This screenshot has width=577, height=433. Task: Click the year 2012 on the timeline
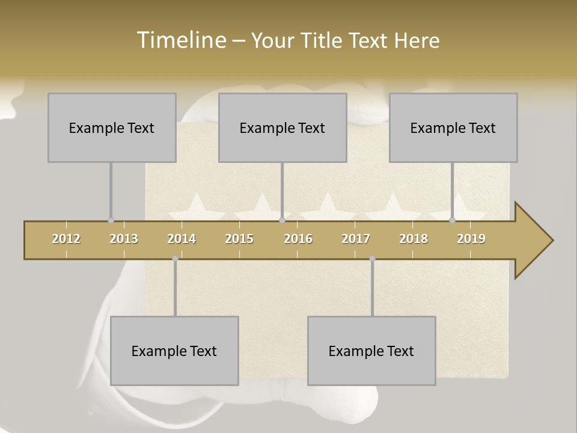coord(66,239)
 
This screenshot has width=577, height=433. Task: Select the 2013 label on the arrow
coord(124,239)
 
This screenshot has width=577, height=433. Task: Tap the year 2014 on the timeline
coord(182,239)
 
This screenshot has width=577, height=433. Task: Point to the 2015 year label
coord(239,239)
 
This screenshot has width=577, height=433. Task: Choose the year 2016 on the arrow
coord(298,239)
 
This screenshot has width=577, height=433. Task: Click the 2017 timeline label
coord(356,239)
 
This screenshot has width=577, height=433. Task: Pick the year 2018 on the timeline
coord(414,239)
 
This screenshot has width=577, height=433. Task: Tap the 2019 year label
coord(471,239)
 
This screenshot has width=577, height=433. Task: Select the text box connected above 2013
coord(112,127)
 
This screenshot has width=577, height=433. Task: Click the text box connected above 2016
coord(282,127)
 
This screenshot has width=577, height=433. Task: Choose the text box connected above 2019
coord(453,127)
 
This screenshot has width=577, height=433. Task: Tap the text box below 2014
coord(174,351)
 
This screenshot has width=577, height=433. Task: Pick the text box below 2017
coord(371,351)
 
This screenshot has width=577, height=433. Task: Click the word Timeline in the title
coord(180,40)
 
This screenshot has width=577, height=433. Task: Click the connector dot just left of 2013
coord(111,221)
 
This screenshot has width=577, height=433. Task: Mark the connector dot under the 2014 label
coord(175,259)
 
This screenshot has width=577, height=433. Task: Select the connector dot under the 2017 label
coord(372,259)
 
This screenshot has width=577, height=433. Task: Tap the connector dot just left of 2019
coord(452,221)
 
